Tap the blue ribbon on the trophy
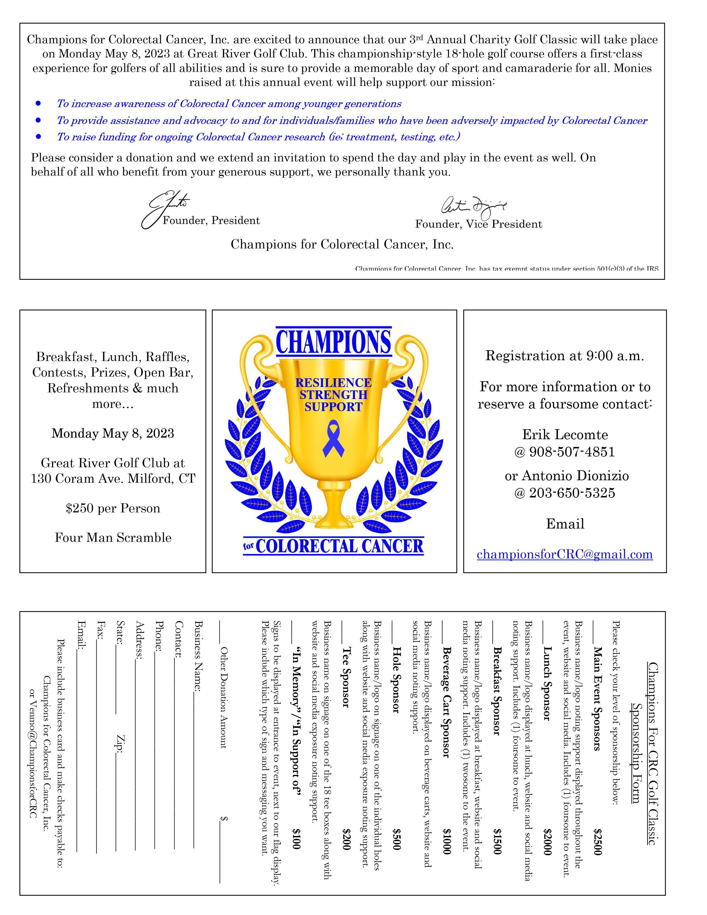coord(333,438)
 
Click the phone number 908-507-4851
coord(564,452)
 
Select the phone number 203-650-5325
coord(564,493)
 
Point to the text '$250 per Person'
coord(113,509)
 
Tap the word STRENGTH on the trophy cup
coord(333,395)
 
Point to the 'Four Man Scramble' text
coord(113,538)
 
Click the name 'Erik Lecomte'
coord(564,434)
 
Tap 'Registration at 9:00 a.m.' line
coord(564,356)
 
